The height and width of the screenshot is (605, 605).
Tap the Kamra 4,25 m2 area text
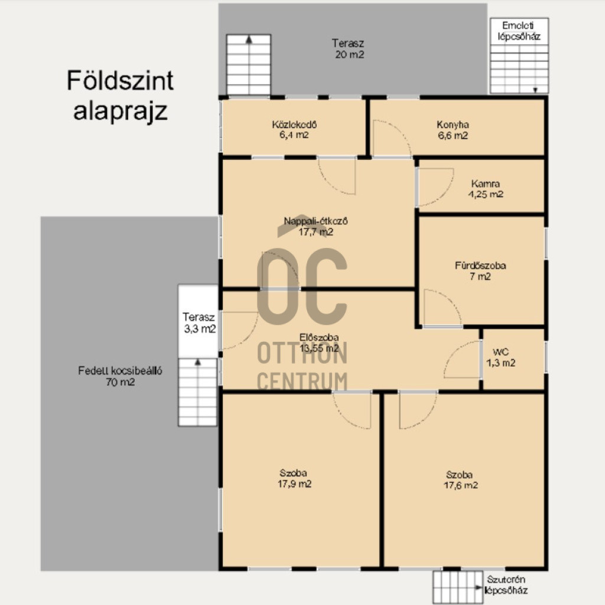486,189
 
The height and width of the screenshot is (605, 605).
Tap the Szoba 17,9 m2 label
294,479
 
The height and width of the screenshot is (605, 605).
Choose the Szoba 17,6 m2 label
460,480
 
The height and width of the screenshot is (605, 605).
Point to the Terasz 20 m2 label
349,48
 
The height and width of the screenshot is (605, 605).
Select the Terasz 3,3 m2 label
199,323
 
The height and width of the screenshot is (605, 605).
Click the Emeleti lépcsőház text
519,31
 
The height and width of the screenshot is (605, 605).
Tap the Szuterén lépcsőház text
506,584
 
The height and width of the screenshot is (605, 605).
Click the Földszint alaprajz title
120,95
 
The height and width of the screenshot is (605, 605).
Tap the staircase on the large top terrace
248,64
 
